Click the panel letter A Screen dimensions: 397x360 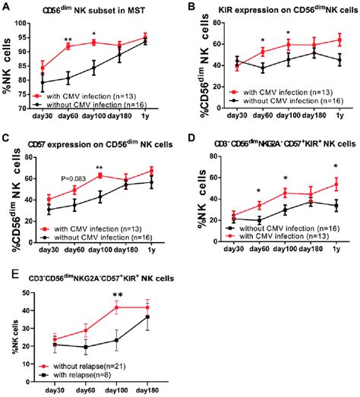pos(6,7)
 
